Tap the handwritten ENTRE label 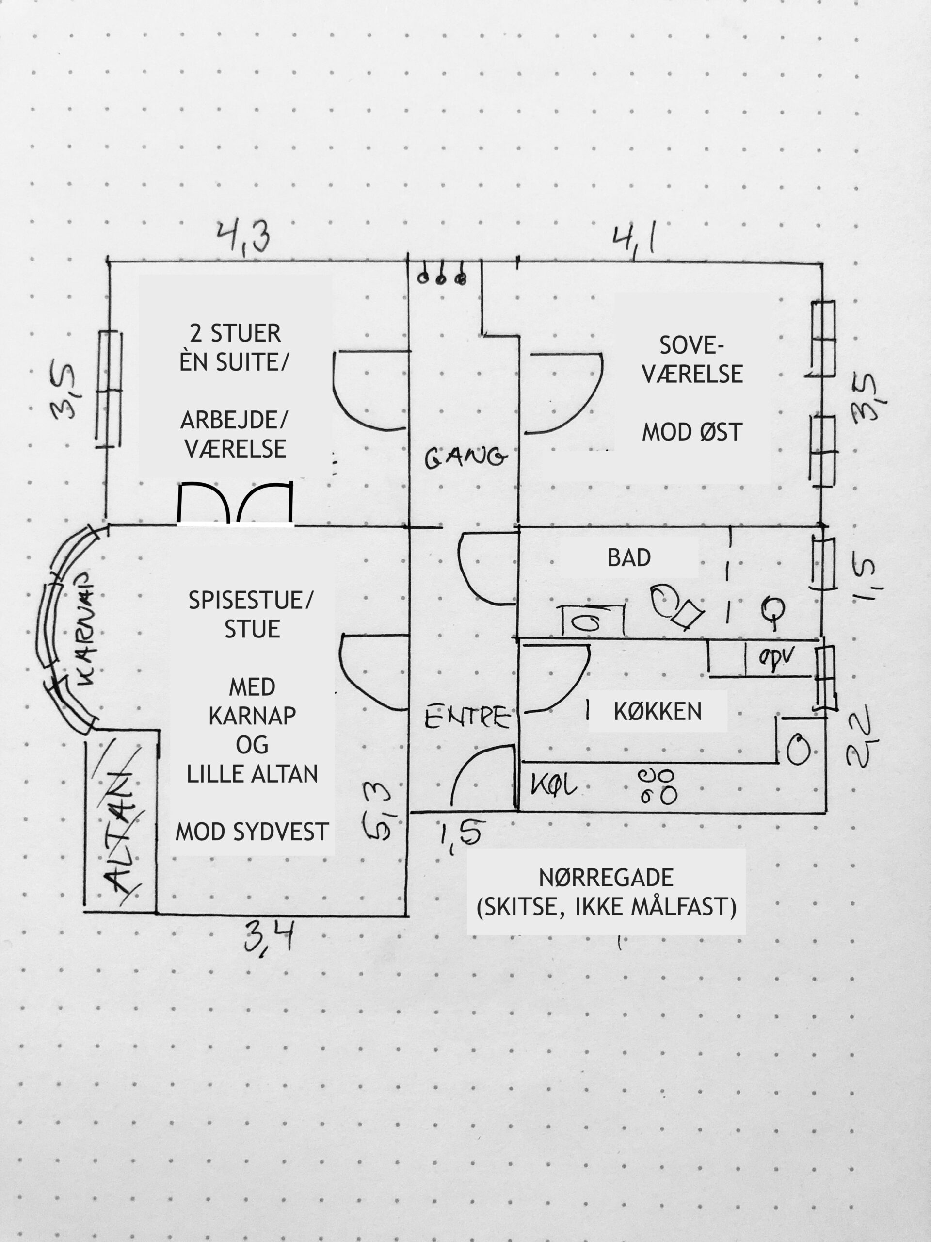point(467,718)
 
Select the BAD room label point(629,557)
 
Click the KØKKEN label point(658,711)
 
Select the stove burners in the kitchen point(657,786)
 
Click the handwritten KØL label point(553,785)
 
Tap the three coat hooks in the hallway point(441,276)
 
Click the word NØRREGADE point(606,878)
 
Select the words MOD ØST point(692,432)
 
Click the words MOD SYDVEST point(252,832)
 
